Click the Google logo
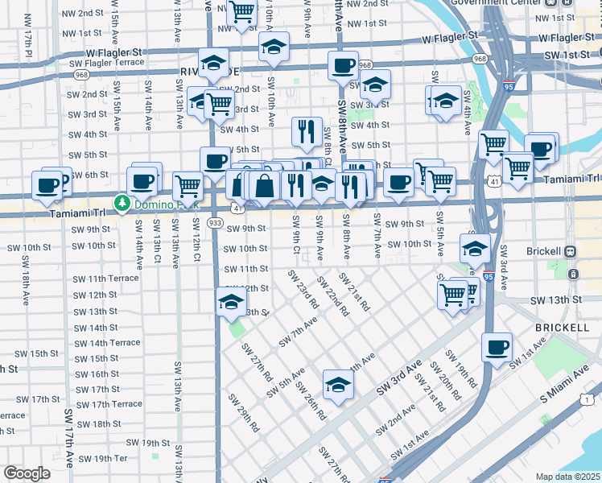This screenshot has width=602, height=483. [x=27, y=473]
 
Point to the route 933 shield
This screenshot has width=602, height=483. [x=216, y=222]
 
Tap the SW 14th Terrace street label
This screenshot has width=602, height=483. [x=107, y=342]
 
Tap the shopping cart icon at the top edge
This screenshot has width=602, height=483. [x=241, y=11]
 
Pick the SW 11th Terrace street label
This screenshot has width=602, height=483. [x=105, y=279]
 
